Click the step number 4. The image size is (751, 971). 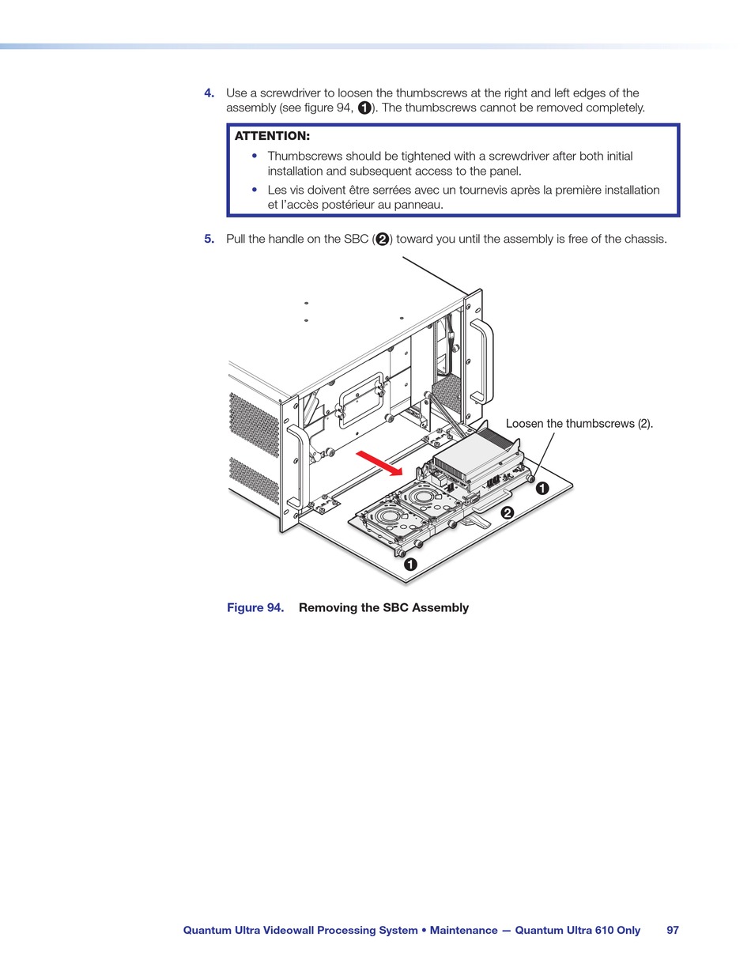tap(209, 93)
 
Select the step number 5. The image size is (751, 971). tap(209, 239)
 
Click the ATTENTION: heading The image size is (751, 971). tap(272, 136)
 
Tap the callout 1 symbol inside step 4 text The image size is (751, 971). tap(364, 108)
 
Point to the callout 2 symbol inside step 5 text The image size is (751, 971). tap(382, 240)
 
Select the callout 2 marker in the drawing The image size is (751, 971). tap(508, 513)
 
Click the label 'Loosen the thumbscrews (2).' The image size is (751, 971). tap(579, 424)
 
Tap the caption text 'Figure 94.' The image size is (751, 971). tap(255, 607)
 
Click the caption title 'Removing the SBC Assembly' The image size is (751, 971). tap(383, 607)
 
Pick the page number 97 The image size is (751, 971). tap(673, 931)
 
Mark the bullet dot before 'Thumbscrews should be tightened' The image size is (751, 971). tap(255, 156)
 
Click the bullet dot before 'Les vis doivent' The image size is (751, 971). tap(255, 190)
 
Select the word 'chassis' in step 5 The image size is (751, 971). tap(646, 239)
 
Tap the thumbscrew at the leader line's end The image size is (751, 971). tap(532, 479)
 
